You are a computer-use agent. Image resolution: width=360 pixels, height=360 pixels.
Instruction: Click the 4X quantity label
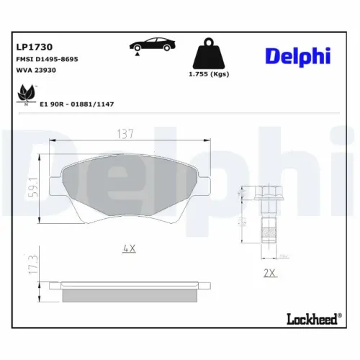click(x=130, y=248)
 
